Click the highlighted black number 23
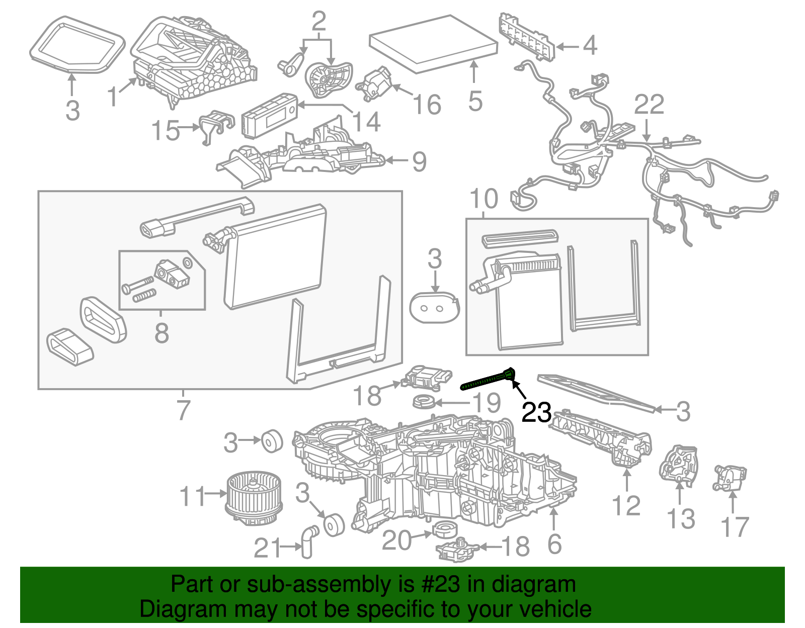click(x=536, y=413)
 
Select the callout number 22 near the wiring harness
click(x=649, y=105)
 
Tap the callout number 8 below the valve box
click(x=161, y=332)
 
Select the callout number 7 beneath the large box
click(x=183, y=410)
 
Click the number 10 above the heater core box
click(x=484, y=199)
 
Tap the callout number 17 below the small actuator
click(x=735, y=527)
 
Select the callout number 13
click(x=680, y=519)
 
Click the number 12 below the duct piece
click(x=626, y=506)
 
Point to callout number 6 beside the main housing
click(x=554, y=544)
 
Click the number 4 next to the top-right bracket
click(x=590, y=45)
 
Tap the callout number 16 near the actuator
click(x=427, y=105)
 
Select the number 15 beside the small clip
click(x=166, y=131)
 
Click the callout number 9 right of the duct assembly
click(x=419, y=162)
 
